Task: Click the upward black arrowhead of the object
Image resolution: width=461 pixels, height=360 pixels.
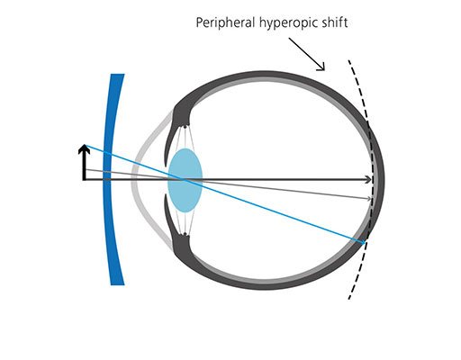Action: click(x=85, y=147)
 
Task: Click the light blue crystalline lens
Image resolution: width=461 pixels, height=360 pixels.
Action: click(x=185, y=180)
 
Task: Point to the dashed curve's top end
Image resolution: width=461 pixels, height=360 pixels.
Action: click(x=348, y=61)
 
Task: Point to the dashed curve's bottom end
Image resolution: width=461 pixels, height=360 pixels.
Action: click(x=348, y=301)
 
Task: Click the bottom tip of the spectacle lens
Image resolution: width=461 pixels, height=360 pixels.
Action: click(x=117, y=284)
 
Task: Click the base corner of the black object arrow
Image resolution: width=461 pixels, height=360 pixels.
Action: click(x=85, y=180)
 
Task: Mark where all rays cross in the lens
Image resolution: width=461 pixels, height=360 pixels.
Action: click(x=185, y=180)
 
